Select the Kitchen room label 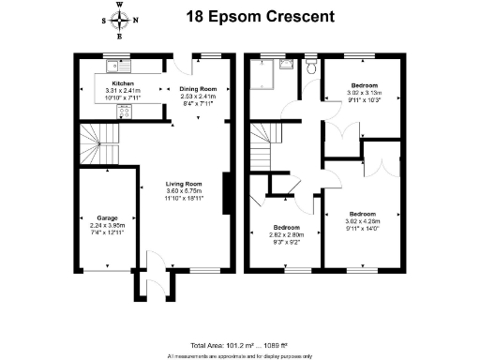pos(111,83)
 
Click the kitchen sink pos(118,65)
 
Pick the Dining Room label pos(198,89)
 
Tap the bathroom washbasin pos(289,64)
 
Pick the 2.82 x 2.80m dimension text pos(287,235)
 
